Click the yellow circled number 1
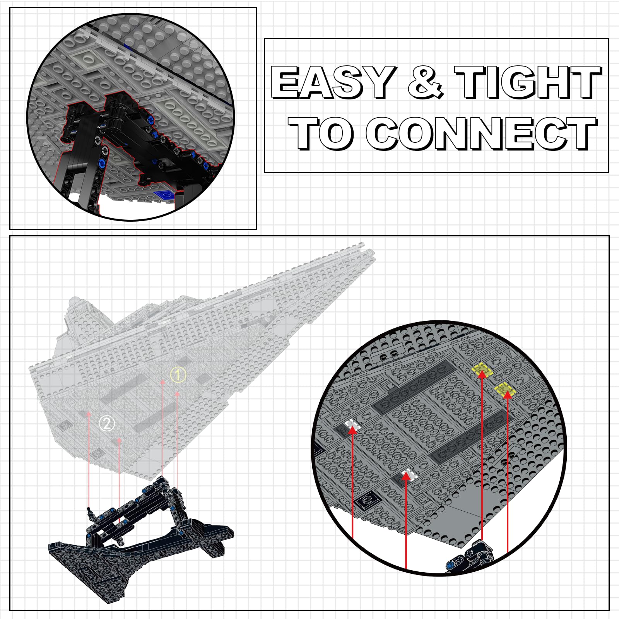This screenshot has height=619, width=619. [178, 374]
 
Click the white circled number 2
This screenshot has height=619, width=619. [107, 423]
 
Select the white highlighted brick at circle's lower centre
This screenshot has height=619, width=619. [408, 474]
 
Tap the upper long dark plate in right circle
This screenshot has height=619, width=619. [414, 385]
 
